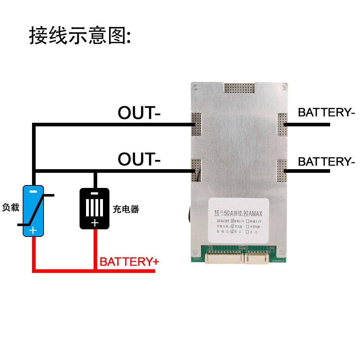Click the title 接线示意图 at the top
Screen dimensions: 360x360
tap(79, 35)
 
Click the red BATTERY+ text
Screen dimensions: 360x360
tap(129, 262)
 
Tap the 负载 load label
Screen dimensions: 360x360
tap(11, 208)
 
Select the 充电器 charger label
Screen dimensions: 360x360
tap(126, 209)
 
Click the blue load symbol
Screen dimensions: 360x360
tap(33, 211)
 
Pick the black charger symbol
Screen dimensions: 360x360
tap(94, 208)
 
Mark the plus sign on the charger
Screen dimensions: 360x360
tap(94, 223)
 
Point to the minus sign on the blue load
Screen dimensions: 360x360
tap(33, 192)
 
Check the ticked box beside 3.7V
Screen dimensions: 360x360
tap(233, 220)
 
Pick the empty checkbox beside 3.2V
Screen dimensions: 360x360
tap(248, 220)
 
